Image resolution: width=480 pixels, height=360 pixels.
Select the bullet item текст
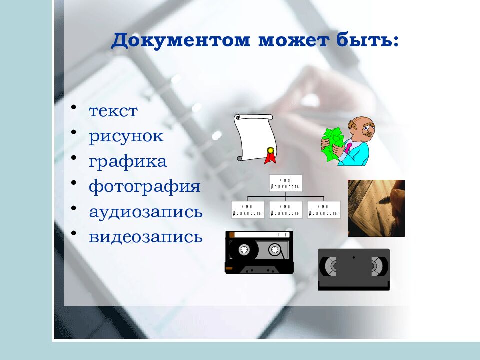click(113, 111)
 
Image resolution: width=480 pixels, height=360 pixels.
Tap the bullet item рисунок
click(126, 136)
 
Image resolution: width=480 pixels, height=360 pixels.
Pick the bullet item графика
click(128, 161)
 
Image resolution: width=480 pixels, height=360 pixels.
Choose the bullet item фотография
click(145, 187)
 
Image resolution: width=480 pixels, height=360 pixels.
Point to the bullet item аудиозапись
click(146, 212)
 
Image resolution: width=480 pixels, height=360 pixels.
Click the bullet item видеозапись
click(146, 237)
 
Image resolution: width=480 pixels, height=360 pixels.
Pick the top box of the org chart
click(285, 183)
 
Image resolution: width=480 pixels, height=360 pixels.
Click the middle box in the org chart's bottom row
click(285, 210)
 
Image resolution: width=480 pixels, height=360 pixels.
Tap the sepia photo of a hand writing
click(376, 208)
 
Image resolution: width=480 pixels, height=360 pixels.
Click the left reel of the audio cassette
click(244, 249)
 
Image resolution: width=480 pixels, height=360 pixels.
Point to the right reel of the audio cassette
click(275, 249)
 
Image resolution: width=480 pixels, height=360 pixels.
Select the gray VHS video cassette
click(353, 269)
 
